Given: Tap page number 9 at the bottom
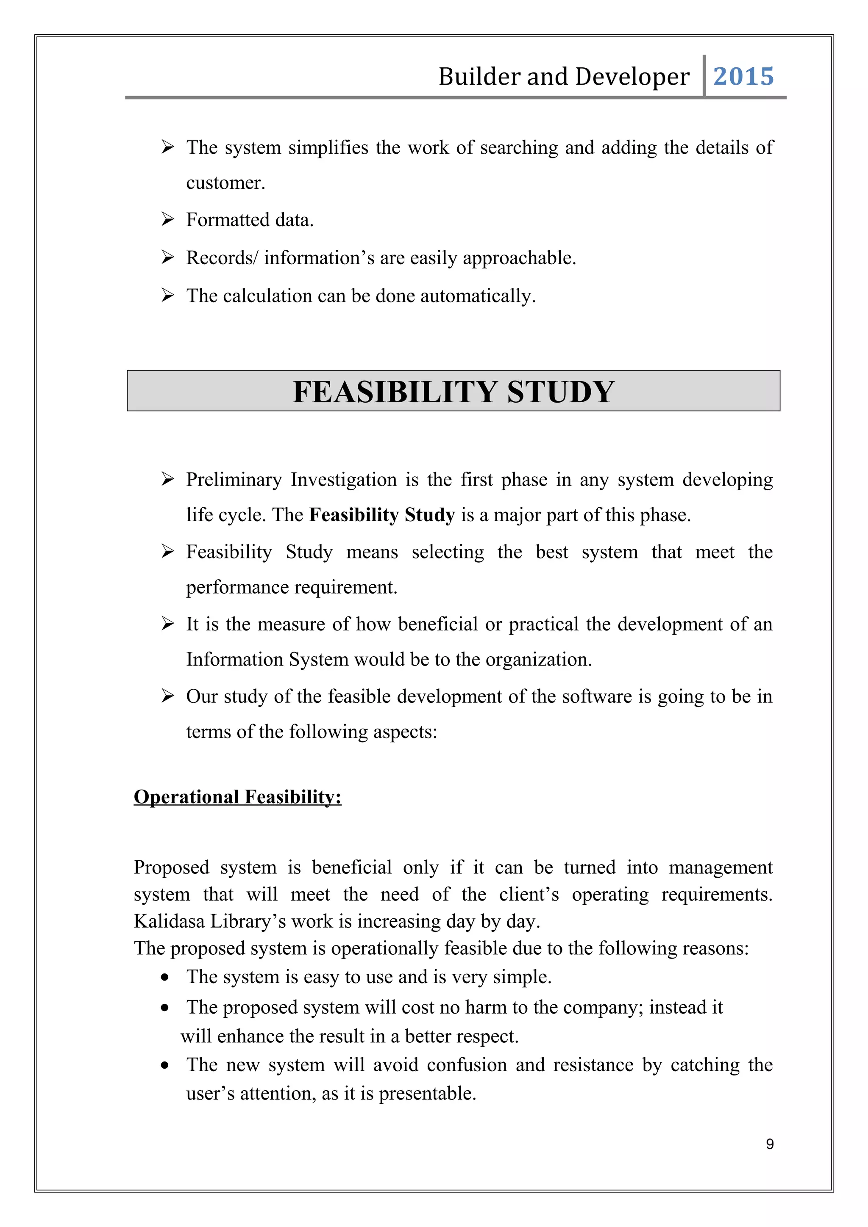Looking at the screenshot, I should click(770, 1144).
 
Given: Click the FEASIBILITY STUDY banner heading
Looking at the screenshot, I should click(453, 392).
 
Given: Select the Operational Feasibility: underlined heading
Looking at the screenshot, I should click(237, 797).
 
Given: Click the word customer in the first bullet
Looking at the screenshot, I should click(225, 183).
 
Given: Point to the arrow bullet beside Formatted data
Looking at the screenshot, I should click(168, 220).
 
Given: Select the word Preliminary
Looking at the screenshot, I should click(234, 480).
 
